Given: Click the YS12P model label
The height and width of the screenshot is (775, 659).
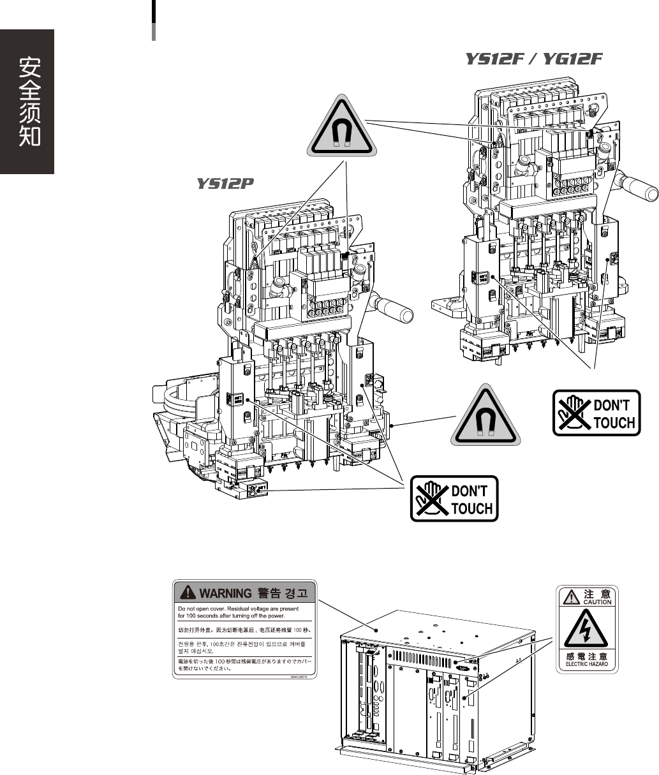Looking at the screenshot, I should pyautogui.click(x=225, y=184).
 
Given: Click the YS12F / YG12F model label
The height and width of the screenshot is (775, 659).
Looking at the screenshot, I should pyautogui.click(x=533, y=59).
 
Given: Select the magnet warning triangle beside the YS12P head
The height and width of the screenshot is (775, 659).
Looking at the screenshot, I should pyautogui.click(x=486, y=417).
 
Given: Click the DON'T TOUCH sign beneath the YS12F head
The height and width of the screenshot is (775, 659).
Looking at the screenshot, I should pyautogui.click(x=596, y=413).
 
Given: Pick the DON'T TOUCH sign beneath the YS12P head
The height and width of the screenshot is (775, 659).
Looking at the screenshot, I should pyautogui.click(x=454, y=499).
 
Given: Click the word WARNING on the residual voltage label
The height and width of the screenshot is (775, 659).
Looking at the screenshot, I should pyautogui.click(x=225, y=593).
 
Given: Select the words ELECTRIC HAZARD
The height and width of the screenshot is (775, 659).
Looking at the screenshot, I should pyautogui.click(x=587, y=664).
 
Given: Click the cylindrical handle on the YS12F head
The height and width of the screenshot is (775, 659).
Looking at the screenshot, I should pyautogui.click(x=640, y=187).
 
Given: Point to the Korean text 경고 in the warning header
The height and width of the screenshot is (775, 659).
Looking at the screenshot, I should pyautogui.click(x=295, y=593).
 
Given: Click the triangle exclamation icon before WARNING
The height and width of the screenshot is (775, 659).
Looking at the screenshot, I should pyautogui.click(x=188, y=593).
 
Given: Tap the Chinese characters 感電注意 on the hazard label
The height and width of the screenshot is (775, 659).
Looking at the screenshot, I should pyautogui.click(x=587, y=656).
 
